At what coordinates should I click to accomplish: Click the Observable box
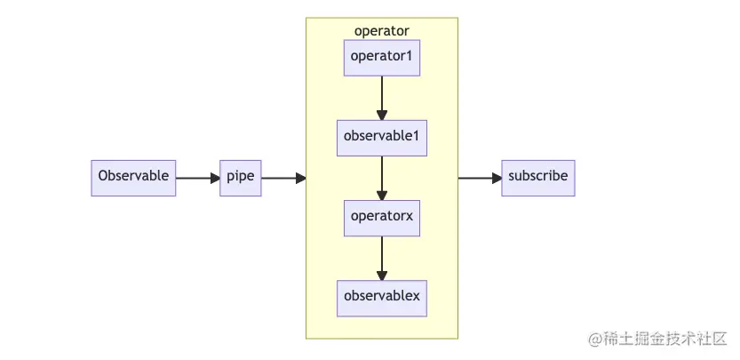[133, 178]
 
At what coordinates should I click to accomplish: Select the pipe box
[240, 178]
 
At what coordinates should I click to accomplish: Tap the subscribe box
[537, 178]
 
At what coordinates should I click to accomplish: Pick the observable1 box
[382, 138]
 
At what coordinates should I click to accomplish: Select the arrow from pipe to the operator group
[282, 178]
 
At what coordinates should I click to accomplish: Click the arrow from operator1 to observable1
[382, 96]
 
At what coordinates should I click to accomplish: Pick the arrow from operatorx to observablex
[382, 256]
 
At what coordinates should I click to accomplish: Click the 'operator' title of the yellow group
[382, 31]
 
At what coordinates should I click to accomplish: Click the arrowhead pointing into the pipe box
[214, 178]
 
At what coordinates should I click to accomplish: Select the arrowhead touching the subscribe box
[496, 178]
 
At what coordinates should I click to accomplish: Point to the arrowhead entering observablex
[382, 275]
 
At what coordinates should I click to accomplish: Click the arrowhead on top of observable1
[382, 115]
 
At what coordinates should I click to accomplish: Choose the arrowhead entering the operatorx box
[382, 195]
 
